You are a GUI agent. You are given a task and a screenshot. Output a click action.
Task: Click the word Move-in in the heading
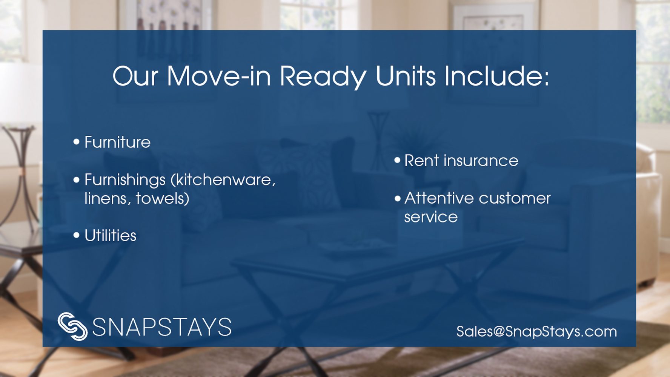tap(219, 76)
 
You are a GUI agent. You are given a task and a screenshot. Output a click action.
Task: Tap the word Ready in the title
tap(323, 77)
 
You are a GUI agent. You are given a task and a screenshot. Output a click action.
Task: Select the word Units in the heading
tap(406, 76)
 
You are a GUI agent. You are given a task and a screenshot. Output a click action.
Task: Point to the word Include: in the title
tap(497, 76)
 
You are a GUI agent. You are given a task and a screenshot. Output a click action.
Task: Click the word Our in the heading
tap(135, 76)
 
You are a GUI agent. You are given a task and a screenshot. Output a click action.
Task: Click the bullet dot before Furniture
tap(77, 142)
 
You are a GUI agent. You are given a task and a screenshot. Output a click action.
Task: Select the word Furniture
tap(117, 142)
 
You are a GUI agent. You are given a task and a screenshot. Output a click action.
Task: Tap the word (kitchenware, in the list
tap(223, 180)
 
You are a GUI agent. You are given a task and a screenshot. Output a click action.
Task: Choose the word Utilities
tap(111, 236)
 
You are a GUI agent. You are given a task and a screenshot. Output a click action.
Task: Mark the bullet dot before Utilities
tap(77, 236)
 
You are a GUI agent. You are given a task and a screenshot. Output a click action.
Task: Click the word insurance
tap(481, 161)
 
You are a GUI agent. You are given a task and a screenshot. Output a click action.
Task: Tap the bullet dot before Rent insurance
tap(397, 160)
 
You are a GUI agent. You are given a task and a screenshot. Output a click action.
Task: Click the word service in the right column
tap(431, 217)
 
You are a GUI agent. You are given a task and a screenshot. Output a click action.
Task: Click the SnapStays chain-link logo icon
tap(72, 326)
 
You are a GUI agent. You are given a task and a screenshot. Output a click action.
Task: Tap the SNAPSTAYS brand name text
tap(162, 327)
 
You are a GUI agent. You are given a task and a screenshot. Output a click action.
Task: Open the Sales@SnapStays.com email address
tap(537, 331)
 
